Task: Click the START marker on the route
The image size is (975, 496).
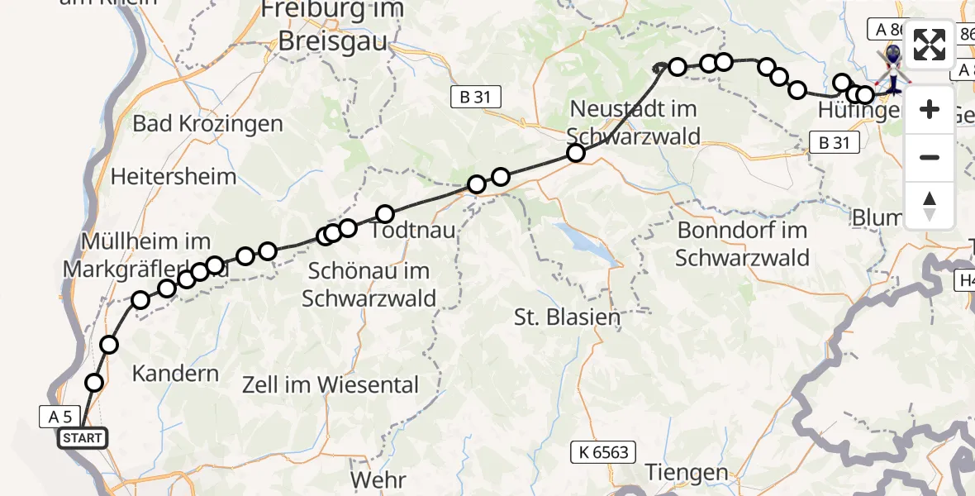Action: point(83,438)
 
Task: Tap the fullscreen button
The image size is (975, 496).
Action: point(930,45)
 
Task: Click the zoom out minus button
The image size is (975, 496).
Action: point(930,157)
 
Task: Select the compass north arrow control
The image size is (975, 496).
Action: point(930,206)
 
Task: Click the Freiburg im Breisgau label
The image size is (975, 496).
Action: point(332,25)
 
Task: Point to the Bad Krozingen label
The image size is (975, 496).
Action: point(208,124)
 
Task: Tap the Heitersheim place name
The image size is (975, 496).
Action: point(174,176)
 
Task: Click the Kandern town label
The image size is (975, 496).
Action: point(176,374)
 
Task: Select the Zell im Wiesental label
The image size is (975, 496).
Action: point(331,384)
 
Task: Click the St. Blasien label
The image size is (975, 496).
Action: point(567,317)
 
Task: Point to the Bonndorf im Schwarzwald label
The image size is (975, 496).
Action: point(742,243)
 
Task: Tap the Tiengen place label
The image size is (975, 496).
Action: point(687,473)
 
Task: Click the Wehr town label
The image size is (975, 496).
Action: point(378,479)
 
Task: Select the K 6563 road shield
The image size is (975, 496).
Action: point(604,451)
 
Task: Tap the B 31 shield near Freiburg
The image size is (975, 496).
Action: point(475,97)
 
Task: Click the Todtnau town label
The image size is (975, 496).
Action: point(413,231)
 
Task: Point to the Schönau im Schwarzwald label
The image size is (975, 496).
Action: point(369,284)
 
